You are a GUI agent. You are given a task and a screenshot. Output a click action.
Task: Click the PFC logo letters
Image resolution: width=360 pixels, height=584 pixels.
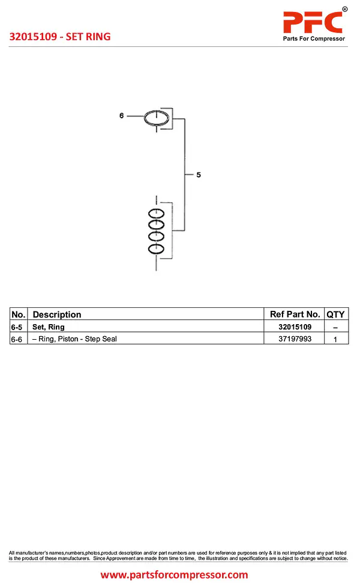click(313, 22)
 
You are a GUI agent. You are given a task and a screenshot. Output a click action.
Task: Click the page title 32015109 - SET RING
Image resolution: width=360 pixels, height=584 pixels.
click(60, 37)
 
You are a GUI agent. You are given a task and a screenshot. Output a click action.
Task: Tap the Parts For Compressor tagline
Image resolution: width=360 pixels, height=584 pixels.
click(314, 39)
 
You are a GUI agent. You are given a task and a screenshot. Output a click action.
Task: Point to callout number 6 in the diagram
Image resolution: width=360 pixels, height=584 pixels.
click(121, 115)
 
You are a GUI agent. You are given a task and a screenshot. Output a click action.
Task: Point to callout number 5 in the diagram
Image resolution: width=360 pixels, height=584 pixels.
click(199, 175)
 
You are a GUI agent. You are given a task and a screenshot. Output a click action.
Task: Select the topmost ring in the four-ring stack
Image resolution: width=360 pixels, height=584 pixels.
click(157, 213)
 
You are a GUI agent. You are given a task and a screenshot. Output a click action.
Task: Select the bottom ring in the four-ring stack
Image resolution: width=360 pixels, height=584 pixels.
click(157, 248)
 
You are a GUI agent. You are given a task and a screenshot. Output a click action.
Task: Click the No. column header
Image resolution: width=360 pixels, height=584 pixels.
click(19, 315)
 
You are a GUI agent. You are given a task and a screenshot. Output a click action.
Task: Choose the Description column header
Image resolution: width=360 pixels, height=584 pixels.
click(57, 315)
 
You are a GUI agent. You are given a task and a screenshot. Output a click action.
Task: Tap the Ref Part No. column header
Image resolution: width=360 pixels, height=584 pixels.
click(295, 315)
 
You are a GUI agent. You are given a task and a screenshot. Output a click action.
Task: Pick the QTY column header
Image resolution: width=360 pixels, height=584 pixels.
click(335, 315)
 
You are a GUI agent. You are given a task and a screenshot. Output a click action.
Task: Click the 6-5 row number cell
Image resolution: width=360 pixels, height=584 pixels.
click(19, 327)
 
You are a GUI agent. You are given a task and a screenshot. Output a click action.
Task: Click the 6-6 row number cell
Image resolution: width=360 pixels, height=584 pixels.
click(19, 339)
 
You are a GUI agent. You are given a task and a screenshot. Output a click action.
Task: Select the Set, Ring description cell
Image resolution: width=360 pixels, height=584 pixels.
click(49, 327)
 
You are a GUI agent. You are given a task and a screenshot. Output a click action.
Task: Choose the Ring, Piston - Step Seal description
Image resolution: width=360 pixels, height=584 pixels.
click(74, 339)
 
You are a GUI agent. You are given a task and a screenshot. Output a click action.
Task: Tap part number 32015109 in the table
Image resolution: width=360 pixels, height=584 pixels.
click(295, 327)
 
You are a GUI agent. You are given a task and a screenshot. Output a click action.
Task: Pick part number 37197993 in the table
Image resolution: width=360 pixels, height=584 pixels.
click(295, 339)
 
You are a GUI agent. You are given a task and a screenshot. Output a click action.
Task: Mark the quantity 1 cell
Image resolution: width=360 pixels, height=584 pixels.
click(335, 339)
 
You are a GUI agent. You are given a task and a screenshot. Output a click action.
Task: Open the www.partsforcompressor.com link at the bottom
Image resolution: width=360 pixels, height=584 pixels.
click(174, 574)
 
